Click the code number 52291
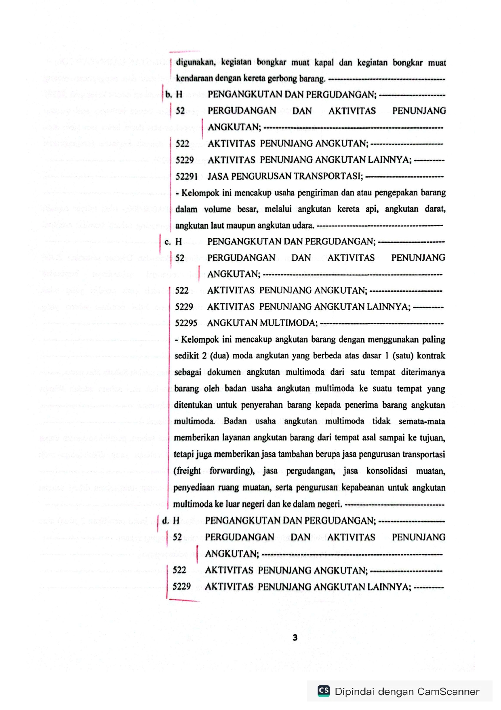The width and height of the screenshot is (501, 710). click(186, 176)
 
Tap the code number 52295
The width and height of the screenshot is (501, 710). click(186, 323)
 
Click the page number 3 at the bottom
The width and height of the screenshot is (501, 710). click(295, 638)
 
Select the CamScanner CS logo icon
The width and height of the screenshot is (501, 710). click(324, 691)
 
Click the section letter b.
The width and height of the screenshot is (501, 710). click(168, 95)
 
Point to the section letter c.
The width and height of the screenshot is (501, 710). click(168, 242)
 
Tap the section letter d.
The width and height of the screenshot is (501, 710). click(165, 521)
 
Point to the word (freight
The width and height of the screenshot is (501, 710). click(187, 471)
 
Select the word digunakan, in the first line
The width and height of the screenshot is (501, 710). click(196, 62)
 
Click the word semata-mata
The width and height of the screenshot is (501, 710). click(422, 422)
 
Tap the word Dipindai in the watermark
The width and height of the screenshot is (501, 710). click(353, 692)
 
